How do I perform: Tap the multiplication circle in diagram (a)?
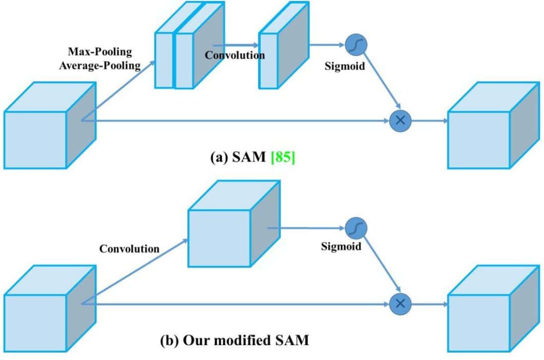[x=401, y=121]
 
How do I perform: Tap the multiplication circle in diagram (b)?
[x=401, y=304]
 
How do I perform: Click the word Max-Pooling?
[x=100, y=52]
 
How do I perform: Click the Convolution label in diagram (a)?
[x=235, y=55]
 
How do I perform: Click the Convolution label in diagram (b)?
[x=129, y=249]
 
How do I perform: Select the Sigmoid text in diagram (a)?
[x=344, y=66]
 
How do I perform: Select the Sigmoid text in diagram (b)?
[x=341, y=247]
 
